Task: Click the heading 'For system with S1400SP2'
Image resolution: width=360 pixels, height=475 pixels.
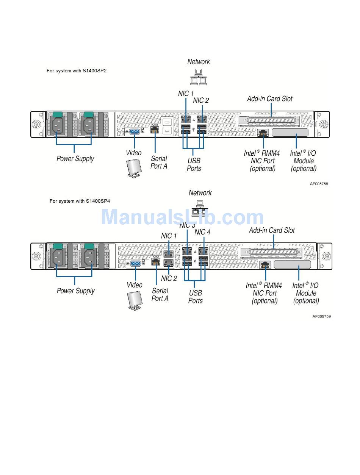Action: (x=77, y=71)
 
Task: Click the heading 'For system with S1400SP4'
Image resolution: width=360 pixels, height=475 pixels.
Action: (x=80, y=201)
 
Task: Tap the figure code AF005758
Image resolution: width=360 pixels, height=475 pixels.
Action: (x=319, y=184)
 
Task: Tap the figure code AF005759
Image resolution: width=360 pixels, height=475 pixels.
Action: (x=321, y=316)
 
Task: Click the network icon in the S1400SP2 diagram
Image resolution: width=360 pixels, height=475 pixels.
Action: (x=199, y=77)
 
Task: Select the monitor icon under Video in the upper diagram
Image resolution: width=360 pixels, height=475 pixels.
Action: (x=134, y=168)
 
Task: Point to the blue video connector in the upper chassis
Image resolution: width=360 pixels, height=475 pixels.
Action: (x=135, y=131)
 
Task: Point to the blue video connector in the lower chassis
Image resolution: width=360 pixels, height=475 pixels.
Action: (x=136, y=264)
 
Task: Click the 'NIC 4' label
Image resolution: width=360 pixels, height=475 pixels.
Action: (x=202, y=232)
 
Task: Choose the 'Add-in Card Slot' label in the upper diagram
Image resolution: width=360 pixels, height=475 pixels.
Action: (x=270, y=99)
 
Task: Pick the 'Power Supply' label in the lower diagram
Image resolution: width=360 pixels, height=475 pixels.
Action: (x=76, y=291)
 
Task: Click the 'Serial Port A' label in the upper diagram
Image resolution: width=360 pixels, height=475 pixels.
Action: (x=159, y=162)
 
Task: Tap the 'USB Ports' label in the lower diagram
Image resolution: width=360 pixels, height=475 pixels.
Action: (x=195, y=297)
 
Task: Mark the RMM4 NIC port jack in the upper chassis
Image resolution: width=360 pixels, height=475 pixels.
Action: (x=263, y=133)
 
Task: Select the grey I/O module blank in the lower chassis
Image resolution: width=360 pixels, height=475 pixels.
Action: (x=292, y=265)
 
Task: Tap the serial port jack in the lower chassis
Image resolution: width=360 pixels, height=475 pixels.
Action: (x=156, y=262)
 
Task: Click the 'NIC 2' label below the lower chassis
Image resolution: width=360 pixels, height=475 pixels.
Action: (x=169, y=278)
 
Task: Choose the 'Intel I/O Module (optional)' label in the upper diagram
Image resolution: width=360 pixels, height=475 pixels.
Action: (x=304, y=161)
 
